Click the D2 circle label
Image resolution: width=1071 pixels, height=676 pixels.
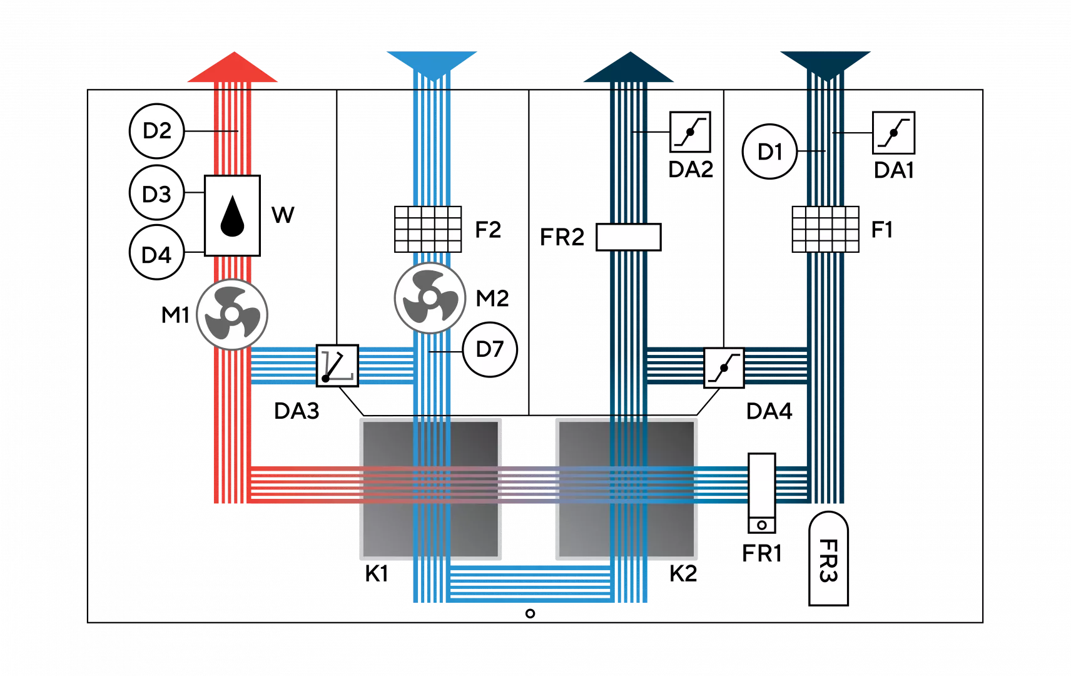(157, 131)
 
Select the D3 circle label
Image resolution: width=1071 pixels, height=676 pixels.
(157, 193)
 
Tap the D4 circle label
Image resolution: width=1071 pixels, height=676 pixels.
(157, 254)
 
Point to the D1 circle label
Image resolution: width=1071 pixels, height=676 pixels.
(769, 152)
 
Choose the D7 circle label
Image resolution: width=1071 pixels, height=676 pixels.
(489, 349)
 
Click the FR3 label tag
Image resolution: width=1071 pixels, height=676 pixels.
(828, 559)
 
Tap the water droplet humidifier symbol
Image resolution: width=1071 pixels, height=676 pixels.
(232, 215)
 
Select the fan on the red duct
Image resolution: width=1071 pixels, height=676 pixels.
(232, 314)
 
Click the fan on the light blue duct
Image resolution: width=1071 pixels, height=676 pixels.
(430, 299)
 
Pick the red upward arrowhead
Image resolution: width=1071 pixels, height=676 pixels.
(233, 68)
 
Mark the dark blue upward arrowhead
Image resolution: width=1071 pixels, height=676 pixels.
(629, 68)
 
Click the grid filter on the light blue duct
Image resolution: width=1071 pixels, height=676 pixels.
(429, 229)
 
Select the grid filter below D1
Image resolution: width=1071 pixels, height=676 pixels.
(826, 229)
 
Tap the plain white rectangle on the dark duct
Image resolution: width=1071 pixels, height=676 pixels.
(629, 237)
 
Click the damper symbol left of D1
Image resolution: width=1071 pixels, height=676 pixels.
(690, 132)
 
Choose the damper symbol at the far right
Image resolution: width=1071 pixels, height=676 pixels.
(893, 133)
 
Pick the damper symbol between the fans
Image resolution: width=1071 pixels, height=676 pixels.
(337, 366)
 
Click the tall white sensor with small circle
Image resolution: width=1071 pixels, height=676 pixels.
(762, 493)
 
